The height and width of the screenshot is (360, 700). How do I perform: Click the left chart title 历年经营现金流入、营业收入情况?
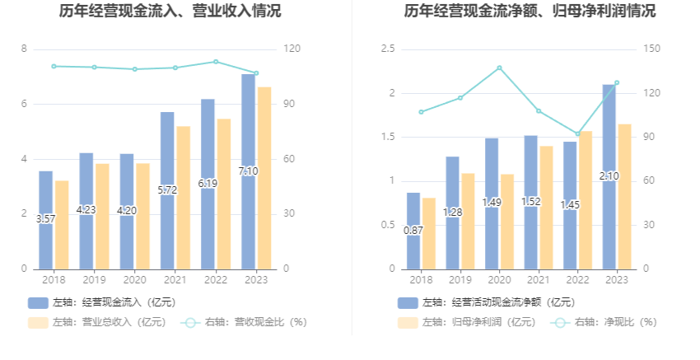coord(170,12)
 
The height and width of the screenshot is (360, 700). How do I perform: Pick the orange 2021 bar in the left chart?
coord(184,198)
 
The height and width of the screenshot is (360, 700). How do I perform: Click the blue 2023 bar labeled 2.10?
coord(609,176)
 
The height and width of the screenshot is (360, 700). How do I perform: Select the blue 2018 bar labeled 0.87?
coord(413,231)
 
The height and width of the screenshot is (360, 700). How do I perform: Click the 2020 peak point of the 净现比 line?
coord(499,68)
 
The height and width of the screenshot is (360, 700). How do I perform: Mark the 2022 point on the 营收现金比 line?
coord(216,62)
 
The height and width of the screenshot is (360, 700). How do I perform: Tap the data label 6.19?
coord(208,184)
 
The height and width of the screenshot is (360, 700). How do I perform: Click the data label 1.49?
coord(492,203)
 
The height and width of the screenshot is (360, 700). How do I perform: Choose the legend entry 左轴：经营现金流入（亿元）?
coord(102,302)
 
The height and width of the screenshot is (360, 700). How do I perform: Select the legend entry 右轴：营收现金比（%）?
coord(243,322)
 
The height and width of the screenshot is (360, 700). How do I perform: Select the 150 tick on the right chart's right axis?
coord(652,49)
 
